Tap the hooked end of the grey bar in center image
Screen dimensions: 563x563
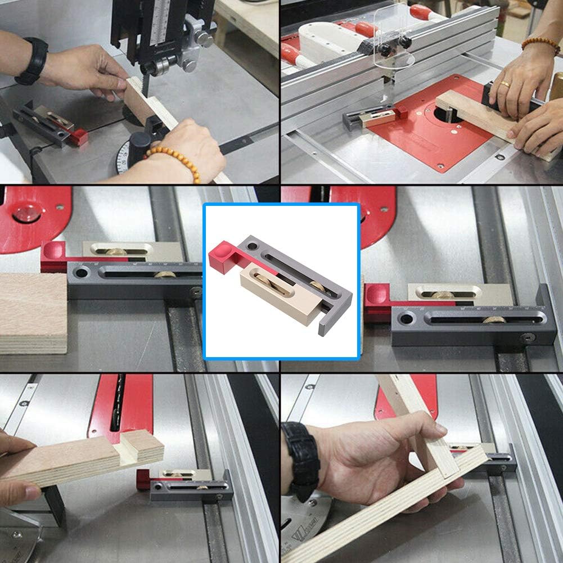[326, 326]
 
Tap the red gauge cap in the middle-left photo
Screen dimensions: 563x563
[54, 257]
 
